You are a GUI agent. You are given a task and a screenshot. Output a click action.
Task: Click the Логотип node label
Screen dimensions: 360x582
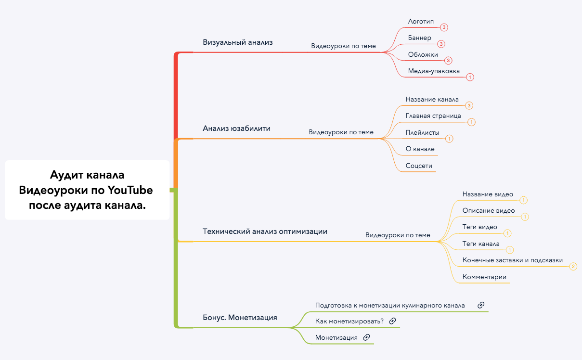421,22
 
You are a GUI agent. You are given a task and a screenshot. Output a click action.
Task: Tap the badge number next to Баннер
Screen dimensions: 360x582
441,44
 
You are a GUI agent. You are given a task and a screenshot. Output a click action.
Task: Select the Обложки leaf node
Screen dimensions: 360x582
423,54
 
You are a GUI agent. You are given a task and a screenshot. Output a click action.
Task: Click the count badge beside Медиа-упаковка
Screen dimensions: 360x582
470,77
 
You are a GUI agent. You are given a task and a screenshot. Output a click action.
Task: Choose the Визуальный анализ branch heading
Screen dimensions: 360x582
238,42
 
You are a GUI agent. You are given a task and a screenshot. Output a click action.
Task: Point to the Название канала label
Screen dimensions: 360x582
432,100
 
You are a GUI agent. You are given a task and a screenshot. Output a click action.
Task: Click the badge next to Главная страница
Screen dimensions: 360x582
471,122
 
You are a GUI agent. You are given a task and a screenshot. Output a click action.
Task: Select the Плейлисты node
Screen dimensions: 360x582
422,132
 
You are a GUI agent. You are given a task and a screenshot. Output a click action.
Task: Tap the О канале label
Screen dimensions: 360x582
420,149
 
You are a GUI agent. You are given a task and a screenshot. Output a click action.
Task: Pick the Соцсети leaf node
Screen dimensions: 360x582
419,166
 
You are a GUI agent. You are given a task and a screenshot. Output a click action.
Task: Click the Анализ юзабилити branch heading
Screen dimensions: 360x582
236,129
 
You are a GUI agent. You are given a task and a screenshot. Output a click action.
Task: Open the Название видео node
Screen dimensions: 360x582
488,194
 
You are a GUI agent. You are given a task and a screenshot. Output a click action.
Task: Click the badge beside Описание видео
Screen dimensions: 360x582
525,217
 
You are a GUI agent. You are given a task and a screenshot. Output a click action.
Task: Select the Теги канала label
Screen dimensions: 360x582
481,244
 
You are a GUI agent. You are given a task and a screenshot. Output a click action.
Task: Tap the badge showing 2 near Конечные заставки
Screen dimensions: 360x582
573,266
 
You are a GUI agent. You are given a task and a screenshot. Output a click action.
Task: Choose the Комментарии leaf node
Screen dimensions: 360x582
484,277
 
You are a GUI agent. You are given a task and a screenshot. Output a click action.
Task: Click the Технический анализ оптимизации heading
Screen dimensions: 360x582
265,231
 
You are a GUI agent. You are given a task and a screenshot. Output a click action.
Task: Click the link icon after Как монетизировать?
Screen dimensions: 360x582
392,321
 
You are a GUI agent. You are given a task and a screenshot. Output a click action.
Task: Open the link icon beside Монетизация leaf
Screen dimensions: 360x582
366,337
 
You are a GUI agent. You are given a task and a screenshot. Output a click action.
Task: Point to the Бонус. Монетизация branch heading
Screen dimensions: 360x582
240,318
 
